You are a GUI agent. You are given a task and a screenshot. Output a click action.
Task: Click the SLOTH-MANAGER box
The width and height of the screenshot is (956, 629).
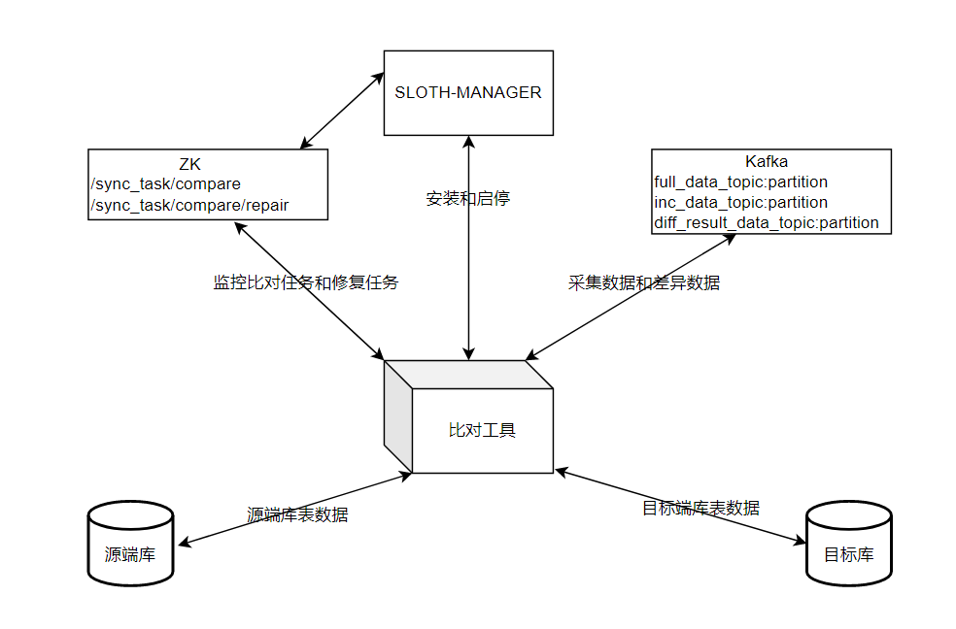[468, 93]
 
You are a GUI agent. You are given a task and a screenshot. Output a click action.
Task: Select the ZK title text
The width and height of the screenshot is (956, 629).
[189, 163]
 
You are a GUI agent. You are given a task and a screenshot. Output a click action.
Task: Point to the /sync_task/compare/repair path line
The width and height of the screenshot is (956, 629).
[189, 205]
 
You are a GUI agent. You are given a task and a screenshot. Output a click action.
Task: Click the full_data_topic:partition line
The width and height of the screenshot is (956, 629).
[741, 182]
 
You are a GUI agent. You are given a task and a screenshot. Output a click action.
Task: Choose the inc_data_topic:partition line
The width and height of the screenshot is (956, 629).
[741, 202]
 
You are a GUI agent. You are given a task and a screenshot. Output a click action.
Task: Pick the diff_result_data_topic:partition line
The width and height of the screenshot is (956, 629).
[767, 222]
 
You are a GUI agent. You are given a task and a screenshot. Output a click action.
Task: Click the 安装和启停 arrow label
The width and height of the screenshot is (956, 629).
[467, 198]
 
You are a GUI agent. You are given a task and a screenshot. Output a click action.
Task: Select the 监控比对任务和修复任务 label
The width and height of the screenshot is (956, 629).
[305, 282]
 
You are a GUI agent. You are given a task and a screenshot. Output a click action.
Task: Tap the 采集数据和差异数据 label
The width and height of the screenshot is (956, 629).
[643, 282]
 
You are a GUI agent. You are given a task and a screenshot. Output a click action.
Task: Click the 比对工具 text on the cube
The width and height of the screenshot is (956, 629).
[482, 429]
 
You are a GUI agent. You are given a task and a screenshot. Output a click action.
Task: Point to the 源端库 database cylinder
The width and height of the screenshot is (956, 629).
[130, 544]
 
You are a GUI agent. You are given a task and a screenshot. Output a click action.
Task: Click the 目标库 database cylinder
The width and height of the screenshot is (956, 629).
[848, 544]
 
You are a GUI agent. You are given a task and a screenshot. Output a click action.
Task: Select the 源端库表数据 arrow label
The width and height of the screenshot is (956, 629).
[296, 514]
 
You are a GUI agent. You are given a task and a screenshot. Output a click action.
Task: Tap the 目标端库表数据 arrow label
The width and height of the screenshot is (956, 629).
[700, 508]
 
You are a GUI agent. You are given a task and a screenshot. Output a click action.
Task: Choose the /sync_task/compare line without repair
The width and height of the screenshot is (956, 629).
[165, 183]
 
